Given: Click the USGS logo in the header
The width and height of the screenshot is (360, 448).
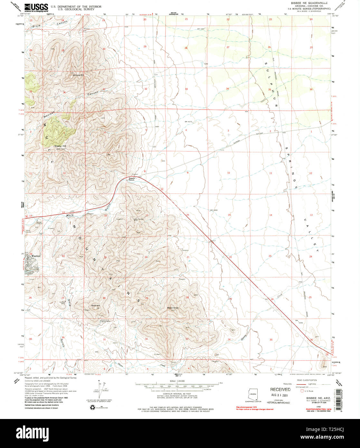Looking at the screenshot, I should [36, 7].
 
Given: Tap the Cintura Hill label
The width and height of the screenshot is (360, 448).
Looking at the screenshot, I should [78, 75].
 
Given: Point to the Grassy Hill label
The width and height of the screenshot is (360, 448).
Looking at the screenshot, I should [60, 146].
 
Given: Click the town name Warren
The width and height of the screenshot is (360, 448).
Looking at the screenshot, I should [35, 256].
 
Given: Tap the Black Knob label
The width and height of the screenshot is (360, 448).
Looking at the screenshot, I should [173, 308].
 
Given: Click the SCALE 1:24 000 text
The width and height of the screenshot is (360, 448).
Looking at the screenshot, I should [178, 381].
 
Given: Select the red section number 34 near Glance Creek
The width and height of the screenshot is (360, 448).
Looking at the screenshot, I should [229, 339].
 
